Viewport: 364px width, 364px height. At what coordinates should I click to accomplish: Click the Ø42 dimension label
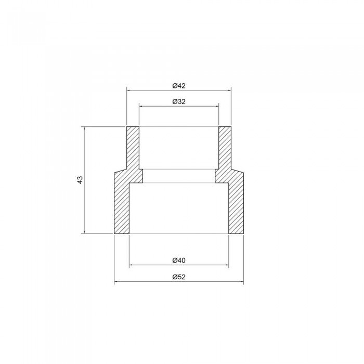click(179, 85)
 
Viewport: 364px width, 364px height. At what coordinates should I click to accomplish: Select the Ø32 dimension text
click(179, 102)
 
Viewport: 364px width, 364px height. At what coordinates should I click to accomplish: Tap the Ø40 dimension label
click(179, 260)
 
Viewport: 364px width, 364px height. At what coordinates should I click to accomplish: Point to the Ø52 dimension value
click(179, 277)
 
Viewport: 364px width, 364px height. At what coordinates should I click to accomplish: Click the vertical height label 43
click(80, 180)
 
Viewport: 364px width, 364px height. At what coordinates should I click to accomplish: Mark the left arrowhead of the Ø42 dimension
click(128, 90)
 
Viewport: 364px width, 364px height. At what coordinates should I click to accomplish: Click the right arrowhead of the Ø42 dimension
click(229, 90)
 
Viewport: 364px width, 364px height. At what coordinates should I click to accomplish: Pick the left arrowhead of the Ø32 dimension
click(141, 107)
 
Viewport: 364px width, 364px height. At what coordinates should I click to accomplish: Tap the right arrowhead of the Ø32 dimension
click(217, 107)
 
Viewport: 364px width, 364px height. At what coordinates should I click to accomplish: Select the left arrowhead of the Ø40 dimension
click(131, 265)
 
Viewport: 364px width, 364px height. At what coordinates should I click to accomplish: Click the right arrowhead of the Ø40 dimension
click(227, 265)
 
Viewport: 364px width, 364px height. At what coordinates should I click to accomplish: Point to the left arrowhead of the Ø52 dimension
click(116, 282)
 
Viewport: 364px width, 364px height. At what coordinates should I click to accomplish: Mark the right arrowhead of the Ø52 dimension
click(241, 282)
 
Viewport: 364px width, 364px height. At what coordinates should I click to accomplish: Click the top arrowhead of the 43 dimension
click(85, 128)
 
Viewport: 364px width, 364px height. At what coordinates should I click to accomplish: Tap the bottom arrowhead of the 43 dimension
click(85, 232)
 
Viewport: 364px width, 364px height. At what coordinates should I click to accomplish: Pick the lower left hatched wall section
click(121, 205)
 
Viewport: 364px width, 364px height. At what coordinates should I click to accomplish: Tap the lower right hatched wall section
click(236, 205)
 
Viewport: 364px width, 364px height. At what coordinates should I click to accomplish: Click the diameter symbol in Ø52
click(175, 277)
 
